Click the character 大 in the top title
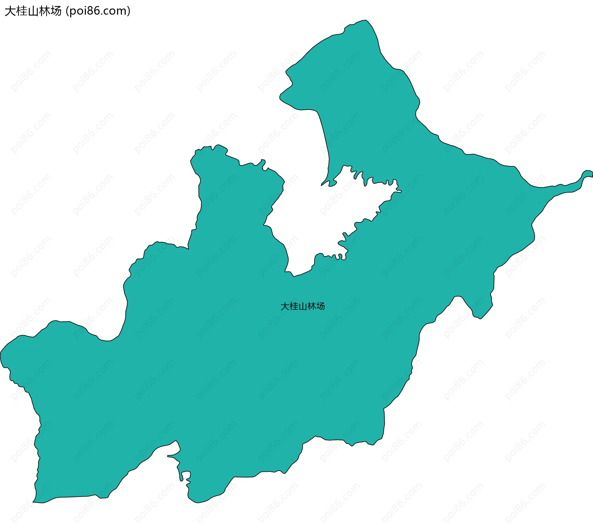click(10, 11)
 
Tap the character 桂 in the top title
click(22, 11)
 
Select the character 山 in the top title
click(33, 11)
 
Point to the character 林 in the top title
click(44, 11)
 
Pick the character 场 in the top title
click(56, 11)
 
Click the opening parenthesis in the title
click(67, 11)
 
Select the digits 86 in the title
click(91, 11)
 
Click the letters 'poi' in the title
click(77, 11)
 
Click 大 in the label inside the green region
click(285, 306)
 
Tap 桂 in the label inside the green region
click(294, 306)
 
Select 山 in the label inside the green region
click(303, 306)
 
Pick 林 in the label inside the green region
click(311, 306)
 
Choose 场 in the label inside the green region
click(320, 306)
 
